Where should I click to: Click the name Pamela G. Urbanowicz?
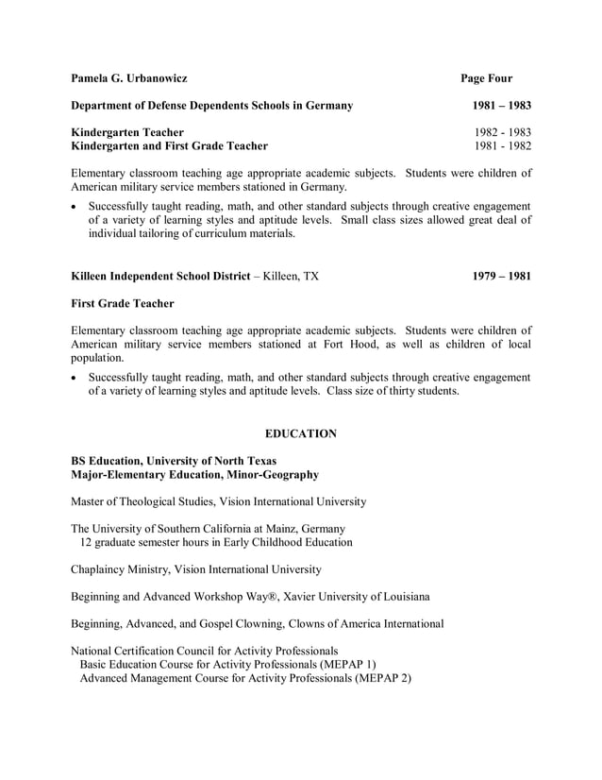click(x=129, y=78)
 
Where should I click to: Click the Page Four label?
click(x=486, y=78)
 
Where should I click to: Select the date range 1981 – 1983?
click(x=501, y=106)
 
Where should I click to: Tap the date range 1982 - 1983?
click(x=502, y=132)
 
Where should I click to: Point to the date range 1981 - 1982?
click(x=502, y=146)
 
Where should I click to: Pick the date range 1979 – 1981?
click(x=501, y=277)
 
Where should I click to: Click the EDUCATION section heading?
click(x=300, y=433)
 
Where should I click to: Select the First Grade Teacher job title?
click(x=122, y=304)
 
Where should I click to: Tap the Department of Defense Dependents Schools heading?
click(x=212, y=106)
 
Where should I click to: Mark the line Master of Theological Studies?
click(x=219, y=501)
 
